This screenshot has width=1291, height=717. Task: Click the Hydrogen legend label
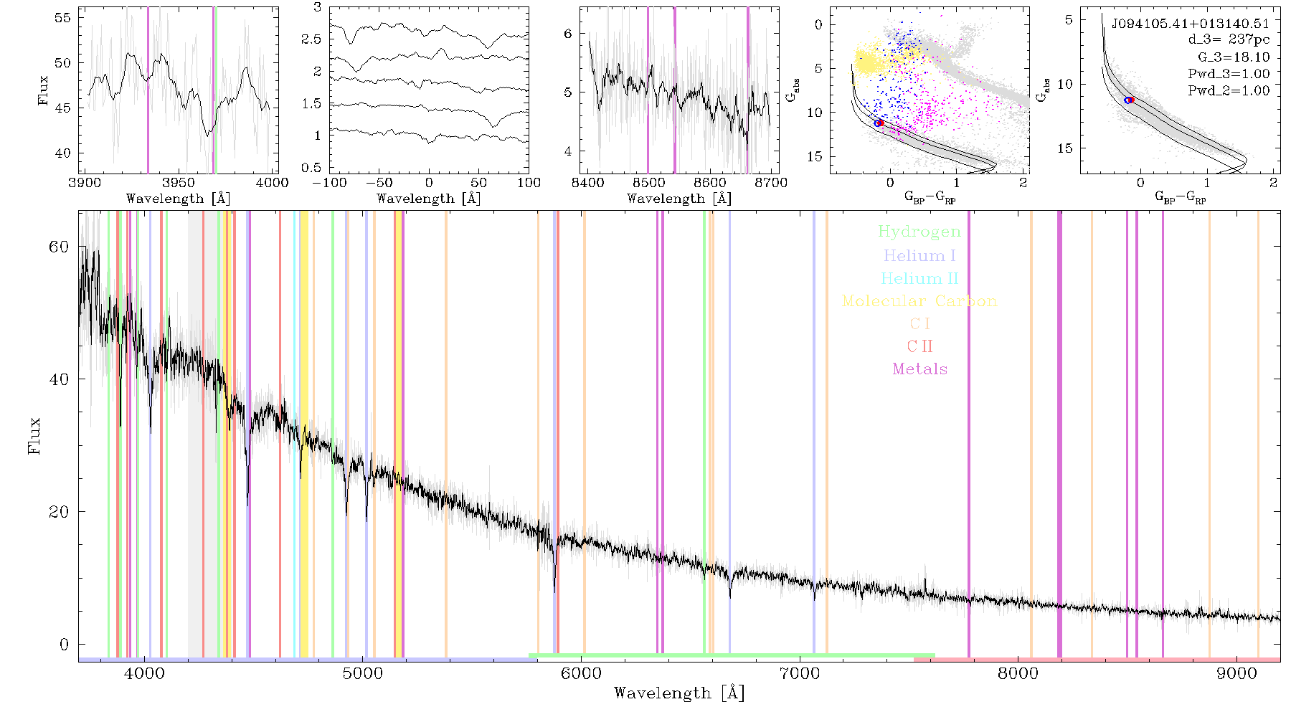(x=919, y=232)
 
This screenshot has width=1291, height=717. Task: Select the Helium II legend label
(x=919, y=278)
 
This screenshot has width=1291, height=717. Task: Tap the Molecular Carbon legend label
(x=919, y=301)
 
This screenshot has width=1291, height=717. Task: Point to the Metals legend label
(x=919, y=369)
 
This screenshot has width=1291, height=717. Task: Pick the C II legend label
(x=919, y=346)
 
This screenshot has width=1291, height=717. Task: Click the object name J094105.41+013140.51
(x=1190, y=24)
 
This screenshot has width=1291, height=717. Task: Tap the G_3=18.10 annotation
(x=1234, y=57)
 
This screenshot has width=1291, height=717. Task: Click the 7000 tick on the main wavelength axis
(x=799, y=674)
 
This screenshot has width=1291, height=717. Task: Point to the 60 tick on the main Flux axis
(x=59, y=246)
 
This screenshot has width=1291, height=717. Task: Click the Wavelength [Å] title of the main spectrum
(x=678, y=693)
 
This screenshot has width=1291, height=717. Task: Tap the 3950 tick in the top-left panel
(x=179, y=183)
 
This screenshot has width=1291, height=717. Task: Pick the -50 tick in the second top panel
(x=379, y=183)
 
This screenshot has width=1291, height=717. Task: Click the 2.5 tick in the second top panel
(x=311, y=39)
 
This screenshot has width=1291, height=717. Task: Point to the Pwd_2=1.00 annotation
(x=1229, y=91)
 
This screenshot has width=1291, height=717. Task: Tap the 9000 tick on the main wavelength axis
(x=1236, y=674)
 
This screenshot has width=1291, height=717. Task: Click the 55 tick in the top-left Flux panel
(x=63, y=17)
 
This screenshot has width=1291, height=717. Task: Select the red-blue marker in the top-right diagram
(x=1129, y=100)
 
